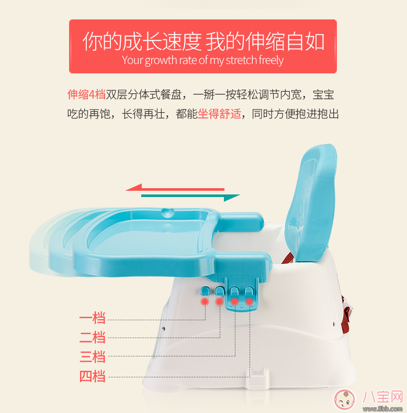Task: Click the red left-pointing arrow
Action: click(x=175, y=187)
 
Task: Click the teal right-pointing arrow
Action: click(x=191, y=197)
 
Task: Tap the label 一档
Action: click(x=93, y=318)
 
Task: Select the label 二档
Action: click(x=93, y=337)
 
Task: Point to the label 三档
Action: click(x=93, y=356)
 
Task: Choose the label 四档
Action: click(x=93, y=376)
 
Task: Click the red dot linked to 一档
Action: click(x=205, y=302)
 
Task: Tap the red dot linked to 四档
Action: click(x=250, y=302)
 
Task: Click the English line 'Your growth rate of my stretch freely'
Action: click(x=203, y=60)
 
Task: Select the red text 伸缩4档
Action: click(x=86, y=94)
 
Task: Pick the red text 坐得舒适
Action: click(x=219, y=114)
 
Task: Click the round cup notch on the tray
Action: click(x=167, y=212)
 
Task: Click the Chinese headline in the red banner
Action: click(x=203, y=41)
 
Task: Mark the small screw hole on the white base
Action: click(x=164, y=328)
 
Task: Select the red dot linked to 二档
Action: click(x=220, y=302)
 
